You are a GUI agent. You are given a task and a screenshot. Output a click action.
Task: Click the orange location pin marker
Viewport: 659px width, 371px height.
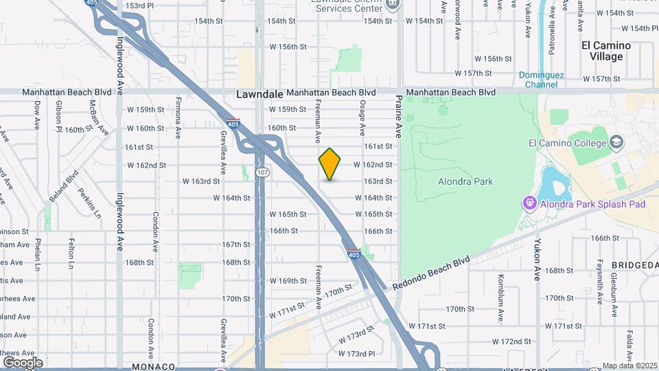click(329, 164)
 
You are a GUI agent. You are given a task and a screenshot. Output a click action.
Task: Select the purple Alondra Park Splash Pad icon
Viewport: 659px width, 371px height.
click(529, 203)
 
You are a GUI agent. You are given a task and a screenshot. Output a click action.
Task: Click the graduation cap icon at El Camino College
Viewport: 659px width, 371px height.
click(616, 143)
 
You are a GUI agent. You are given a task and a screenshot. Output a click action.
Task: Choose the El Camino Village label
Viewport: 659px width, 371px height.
click(605, 51)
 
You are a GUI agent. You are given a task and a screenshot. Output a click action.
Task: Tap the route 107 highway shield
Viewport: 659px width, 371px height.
click(261, 172)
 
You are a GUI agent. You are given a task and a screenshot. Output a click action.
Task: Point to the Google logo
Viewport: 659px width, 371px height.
click(22, 362)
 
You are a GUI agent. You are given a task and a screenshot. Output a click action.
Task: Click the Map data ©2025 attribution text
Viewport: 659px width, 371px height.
click(629, 366)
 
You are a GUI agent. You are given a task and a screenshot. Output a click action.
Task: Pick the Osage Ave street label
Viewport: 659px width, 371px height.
click(362, 113)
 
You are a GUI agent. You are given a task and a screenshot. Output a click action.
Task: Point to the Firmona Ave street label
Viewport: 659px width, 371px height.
click(178, 117)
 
